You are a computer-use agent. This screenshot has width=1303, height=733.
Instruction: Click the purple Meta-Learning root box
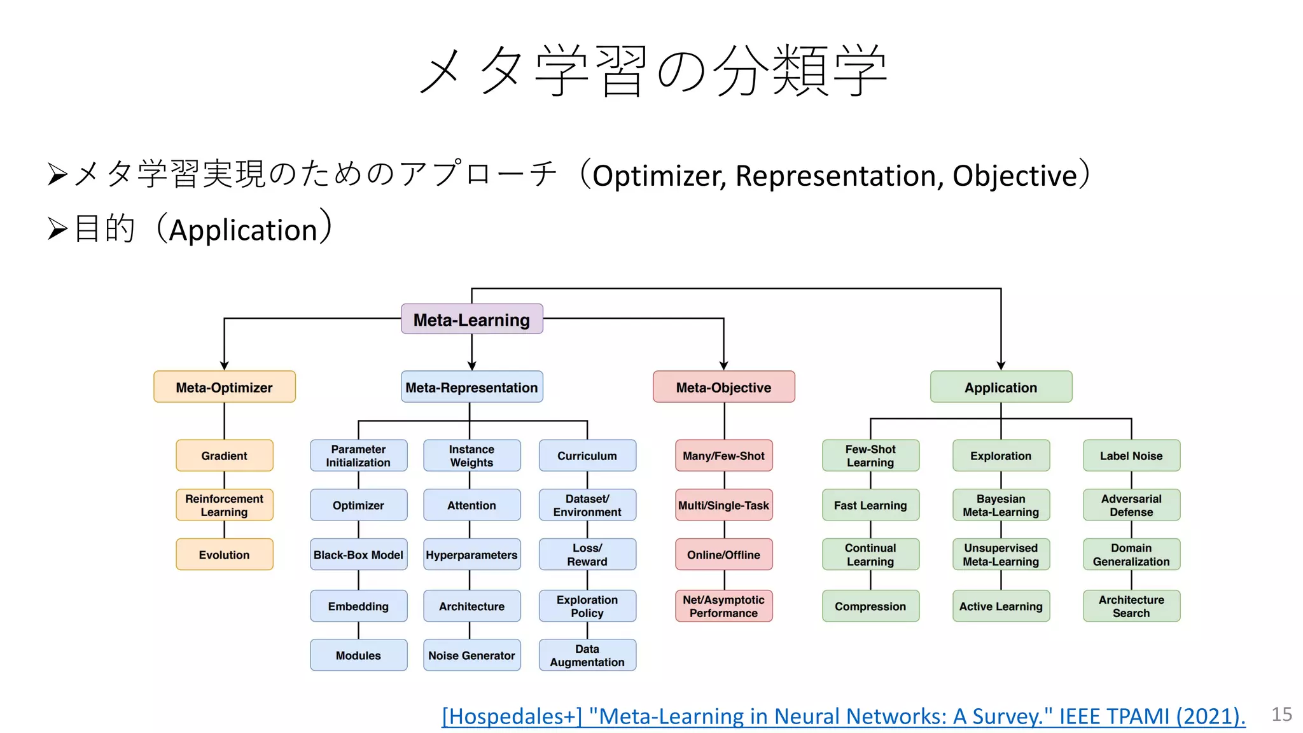[x=471, y=319]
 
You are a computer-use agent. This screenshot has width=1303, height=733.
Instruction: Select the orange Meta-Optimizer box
[x=224, y=387]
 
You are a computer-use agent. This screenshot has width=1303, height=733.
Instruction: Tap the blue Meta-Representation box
[x=471, y=387]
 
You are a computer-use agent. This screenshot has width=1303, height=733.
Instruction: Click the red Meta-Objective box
[x=723, y=387]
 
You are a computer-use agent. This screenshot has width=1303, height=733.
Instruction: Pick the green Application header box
[x=1001, y=387]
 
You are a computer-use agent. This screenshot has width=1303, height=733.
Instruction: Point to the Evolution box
[x=224, y=554]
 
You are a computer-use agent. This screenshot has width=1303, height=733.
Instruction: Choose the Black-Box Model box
[x=358, y=554]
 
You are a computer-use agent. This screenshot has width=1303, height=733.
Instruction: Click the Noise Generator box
[x=471, y=655]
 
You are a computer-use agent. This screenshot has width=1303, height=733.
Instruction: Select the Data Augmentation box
[x=587, y=655]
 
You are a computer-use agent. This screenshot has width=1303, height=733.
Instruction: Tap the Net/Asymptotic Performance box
[x=723, y=606]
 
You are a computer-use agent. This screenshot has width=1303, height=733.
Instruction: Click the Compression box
[x=870, y=606]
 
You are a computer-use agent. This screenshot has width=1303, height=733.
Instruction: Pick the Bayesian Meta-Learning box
[x=1001, y=505]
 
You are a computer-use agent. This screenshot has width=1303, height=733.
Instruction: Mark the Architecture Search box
[x=1131, y=606]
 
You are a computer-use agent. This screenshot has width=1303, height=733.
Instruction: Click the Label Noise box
[x=1131, y=456]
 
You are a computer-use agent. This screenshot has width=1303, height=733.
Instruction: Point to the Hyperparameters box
[x=471, y=554]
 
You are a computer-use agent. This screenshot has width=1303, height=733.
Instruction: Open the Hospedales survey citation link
[x=843, y=716]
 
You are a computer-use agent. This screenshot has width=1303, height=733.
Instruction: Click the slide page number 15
[x=1281, y=714]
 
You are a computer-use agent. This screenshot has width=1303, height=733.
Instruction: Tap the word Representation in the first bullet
[x=839, y=176]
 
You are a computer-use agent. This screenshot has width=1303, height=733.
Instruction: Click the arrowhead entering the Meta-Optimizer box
[x=224, y=366]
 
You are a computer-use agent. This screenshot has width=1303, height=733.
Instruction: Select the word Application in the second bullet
[x=243, y=230]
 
